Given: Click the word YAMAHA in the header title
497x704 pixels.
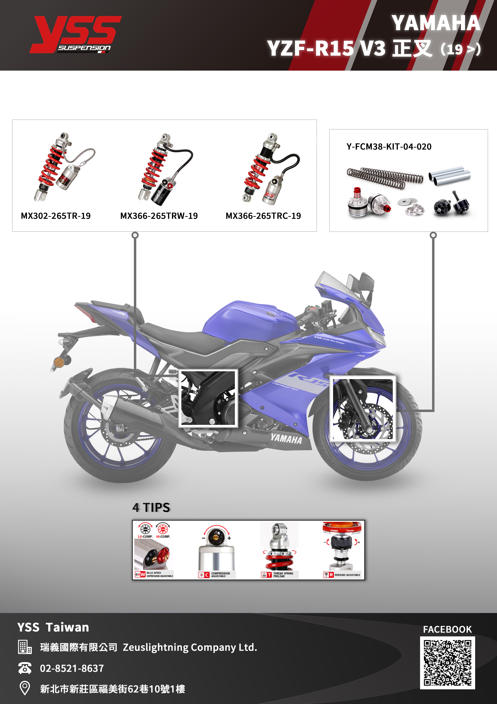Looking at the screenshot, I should [436, 23].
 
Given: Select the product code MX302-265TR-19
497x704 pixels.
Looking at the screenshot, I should [56, 216].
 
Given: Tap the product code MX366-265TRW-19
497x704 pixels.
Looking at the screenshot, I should [159, 216].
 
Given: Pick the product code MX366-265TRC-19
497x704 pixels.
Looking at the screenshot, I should [263, 216].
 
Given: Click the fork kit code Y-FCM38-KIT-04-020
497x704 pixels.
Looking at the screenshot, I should [389, 146].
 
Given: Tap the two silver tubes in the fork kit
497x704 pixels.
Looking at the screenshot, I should [449, 176].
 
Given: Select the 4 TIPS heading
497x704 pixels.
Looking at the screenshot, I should [151, 508].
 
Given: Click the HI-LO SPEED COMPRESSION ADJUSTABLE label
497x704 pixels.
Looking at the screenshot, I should [159, 574].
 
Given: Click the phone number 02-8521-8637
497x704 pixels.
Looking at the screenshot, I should [72, 668].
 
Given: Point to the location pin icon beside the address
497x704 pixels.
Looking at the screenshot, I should [24, 688].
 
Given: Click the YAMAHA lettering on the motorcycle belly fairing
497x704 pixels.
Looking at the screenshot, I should [286, 439].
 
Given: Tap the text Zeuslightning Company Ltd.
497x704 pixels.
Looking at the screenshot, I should [190, 647].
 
